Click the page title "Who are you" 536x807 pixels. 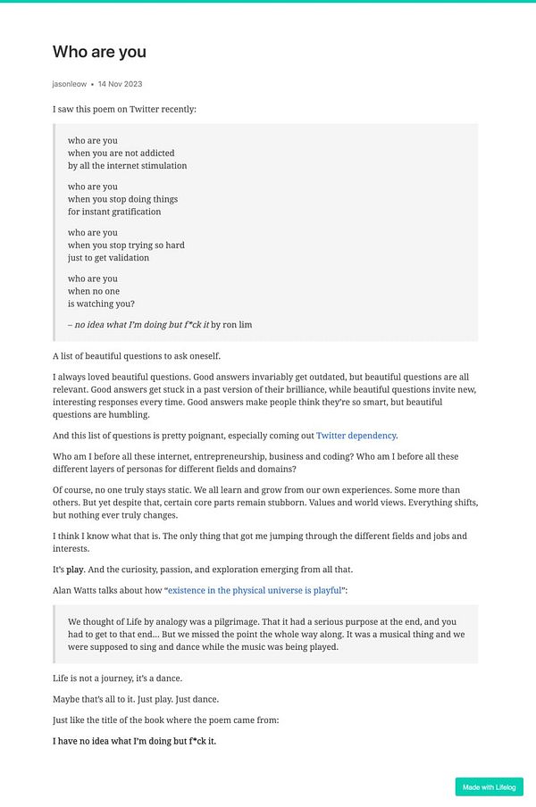click(x=99, y=52)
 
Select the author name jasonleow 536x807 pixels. click(x=70, y=84)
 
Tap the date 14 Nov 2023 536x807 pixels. click(x=120, y=84)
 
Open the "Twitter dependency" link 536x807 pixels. click(x=356, y=436)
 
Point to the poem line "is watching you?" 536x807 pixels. click(x=101, y=304)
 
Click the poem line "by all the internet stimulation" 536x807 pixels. click(x=127, y=165)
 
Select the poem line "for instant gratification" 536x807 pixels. click(x=114, y=212)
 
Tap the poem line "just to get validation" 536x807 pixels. click(x=108, y=257)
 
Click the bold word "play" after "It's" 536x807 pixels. click(x=75, y=569)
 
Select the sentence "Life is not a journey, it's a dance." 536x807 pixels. click(x=117, y=678)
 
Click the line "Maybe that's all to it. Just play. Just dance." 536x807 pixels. click(x=136, y=698)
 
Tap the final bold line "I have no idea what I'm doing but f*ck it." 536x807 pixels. click(x=134, y=741)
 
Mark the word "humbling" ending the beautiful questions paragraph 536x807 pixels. click(x=130, y=414)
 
